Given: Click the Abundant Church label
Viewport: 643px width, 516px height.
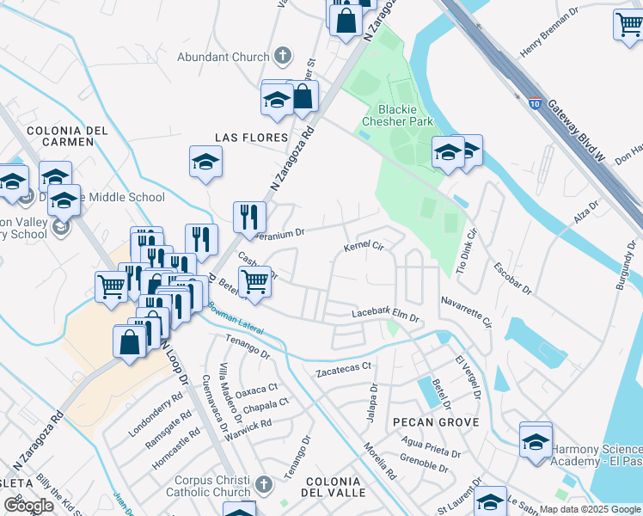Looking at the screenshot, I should click(223, 57).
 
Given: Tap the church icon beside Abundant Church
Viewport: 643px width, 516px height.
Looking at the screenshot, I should click(283, 57).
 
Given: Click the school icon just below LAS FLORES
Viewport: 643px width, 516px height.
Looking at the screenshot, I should click(206, 162).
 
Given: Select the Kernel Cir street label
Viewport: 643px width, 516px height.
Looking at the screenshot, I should click(362, 247).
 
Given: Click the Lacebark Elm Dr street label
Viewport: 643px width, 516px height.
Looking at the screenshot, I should click(384, 316).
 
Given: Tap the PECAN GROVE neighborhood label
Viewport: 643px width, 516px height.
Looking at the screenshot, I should click(429, 422).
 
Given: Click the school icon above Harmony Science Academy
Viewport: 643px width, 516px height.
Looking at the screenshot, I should click(536, 440).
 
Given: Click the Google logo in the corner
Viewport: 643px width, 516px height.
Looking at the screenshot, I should click(28, 506).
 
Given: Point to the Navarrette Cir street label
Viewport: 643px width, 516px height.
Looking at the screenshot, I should click(465, 312).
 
